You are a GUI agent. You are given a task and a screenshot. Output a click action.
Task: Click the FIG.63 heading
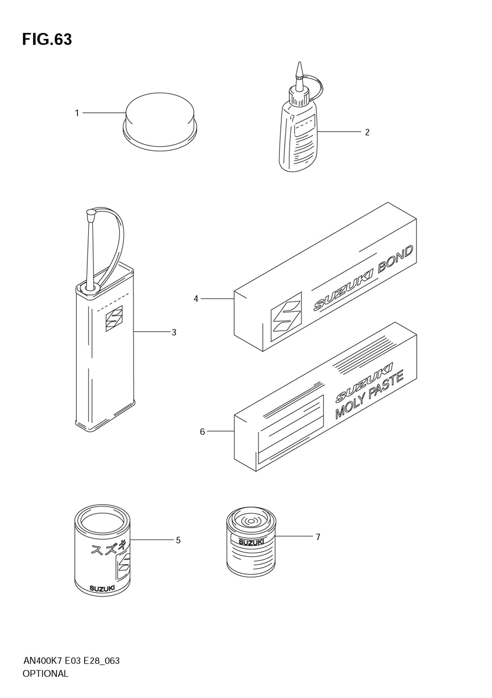(47, 39)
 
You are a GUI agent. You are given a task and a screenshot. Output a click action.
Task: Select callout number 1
(77, 113)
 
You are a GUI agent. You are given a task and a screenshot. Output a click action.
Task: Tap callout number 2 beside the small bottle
(367, 132)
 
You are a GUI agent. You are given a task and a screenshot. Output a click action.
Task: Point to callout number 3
(174, 333)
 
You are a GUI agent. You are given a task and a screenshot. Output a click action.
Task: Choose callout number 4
(196, 299)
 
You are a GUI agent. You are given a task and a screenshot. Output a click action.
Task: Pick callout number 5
(178, 540)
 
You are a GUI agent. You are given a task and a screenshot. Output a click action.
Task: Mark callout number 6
(202, 432)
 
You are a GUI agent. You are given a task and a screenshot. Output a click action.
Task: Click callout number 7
(318, 537)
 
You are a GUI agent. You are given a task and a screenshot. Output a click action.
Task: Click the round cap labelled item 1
(159, 122)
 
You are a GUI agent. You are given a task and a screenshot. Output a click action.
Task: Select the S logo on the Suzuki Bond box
(286, 316)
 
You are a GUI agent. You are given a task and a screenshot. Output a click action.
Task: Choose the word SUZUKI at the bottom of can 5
(102, 588)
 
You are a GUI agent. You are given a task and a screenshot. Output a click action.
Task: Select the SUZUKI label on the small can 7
(251, 542)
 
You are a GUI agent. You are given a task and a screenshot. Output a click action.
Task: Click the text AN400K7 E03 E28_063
(71, 661)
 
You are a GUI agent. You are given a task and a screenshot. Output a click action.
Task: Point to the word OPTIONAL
(45, 674)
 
